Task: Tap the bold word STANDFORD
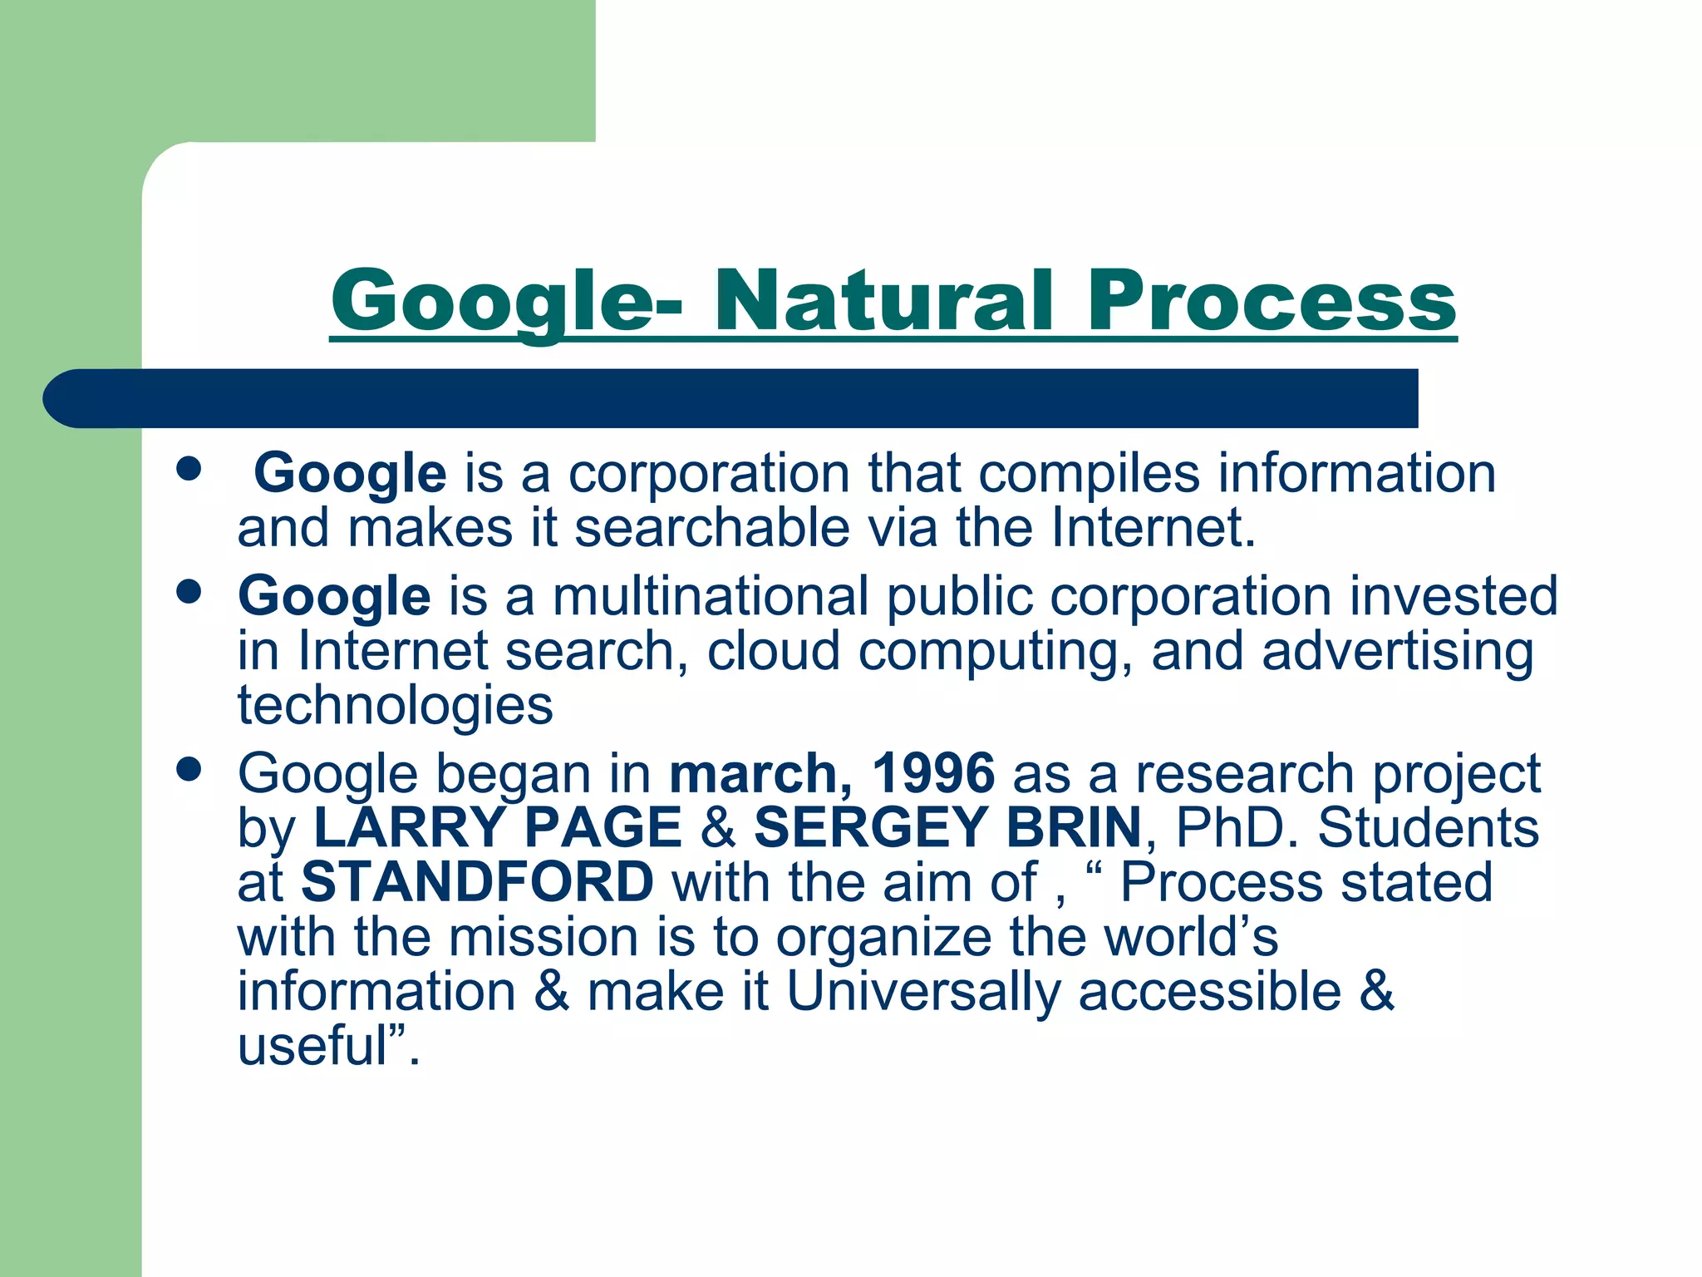click(x=477, y=882)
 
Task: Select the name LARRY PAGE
click(x=497, y=828)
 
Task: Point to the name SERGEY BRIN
click(x=947, y=828)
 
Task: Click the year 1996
click(x=932, y=773)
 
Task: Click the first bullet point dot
click(x=189, y=469)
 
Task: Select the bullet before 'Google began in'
click(x=189, y=770)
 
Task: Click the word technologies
click(x=396, y=706)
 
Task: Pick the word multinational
click(x=711, y=596)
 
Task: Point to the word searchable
click(x=712, y=528)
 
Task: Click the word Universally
click(x=923, y=991)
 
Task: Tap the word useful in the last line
click(x=312, y=1046)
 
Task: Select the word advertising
click(x=1397, y=651)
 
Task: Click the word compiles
click(x=1089, y=474)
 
